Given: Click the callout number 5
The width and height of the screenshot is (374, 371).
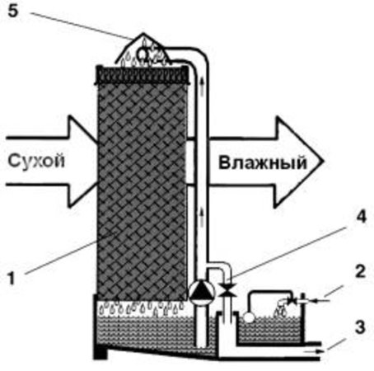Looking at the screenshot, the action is (14, 12).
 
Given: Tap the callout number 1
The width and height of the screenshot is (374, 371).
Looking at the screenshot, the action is (11, 278).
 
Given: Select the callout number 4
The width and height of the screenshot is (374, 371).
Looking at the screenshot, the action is (362, 217).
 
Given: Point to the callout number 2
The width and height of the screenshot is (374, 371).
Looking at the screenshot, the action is (361, 271).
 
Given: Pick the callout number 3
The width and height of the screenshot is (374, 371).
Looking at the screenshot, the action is (361, 327).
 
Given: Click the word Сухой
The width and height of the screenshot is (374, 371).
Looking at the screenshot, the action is (36, 161).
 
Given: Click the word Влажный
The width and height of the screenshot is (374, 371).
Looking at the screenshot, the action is (263, 162).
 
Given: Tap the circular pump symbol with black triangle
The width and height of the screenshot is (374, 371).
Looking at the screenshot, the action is (201, 292).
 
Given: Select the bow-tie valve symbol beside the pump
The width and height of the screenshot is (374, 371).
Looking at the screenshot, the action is (228, 290).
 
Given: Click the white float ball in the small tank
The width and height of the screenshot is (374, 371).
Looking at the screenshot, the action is (250, 317).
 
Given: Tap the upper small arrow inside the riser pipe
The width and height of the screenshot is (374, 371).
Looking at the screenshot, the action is (202, 87).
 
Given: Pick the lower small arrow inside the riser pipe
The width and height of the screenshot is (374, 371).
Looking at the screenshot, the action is (202, 218).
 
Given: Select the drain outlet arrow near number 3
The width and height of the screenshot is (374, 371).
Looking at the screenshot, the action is (315, 351).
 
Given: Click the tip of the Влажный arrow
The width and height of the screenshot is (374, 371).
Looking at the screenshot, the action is (324, 162).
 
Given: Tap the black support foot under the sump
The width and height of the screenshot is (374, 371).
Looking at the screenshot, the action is (100, 353).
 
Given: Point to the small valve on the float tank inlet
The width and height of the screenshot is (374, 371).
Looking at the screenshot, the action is (292, 301).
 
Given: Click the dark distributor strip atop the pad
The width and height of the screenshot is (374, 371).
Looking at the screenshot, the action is (143, 74).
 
